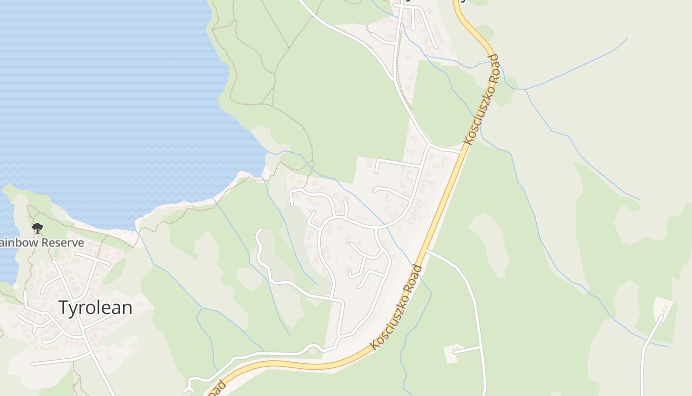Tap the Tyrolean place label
[x=95, y=308]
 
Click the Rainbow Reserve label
[x=42, y=243]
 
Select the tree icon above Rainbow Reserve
[x=37, y=228]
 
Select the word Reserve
[x=63, y=243]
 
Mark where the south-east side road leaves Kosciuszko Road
[x=427, y=251]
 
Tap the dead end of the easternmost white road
[x=661, y=316]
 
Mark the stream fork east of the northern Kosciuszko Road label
[x=525, y=90]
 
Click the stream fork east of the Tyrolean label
[x=202, y=308]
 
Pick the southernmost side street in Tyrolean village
[x=59, y=360]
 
